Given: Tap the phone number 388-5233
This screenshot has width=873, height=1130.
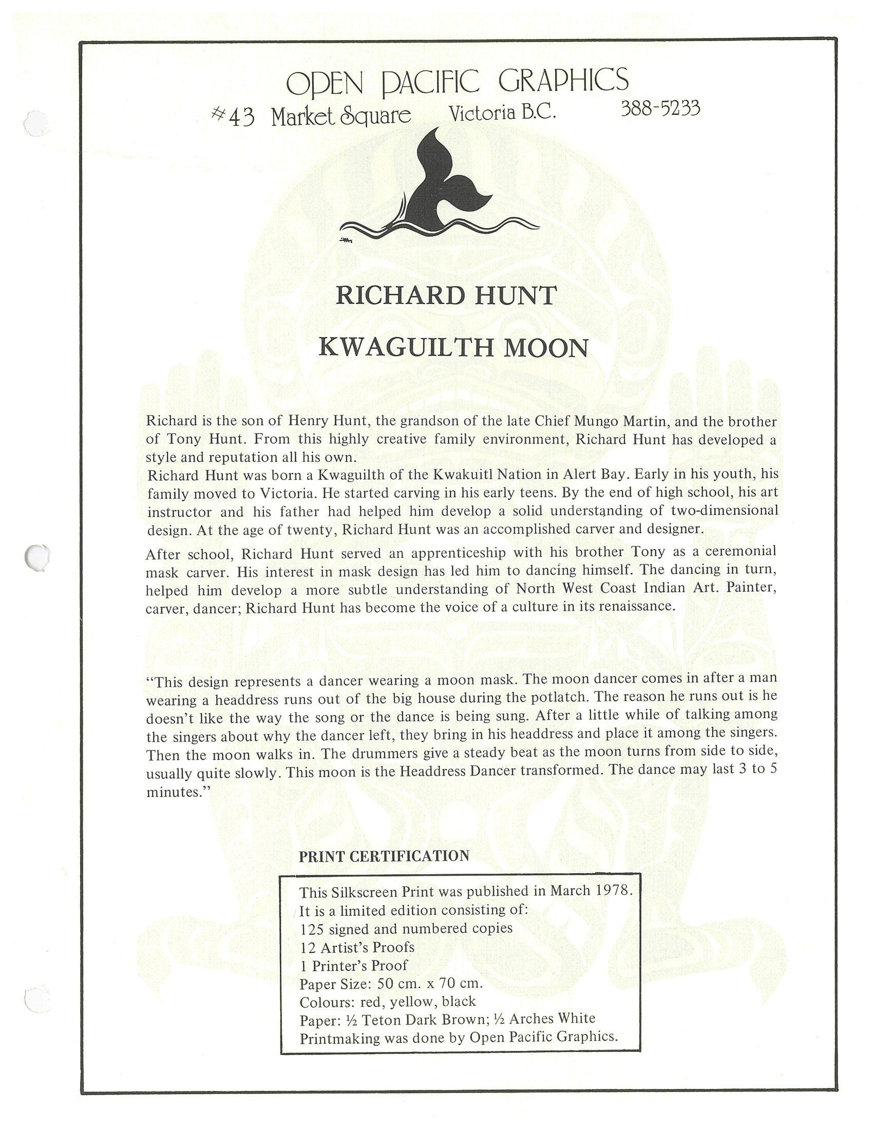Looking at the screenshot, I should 660,109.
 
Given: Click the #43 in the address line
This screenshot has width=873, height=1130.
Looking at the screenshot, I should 233,117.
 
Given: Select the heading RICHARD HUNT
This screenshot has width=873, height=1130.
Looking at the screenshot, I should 446,295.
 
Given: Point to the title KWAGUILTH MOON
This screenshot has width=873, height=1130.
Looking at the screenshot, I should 453,347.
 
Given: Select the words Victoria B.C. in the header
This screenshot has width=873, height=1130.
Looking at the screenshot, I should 502,114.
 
